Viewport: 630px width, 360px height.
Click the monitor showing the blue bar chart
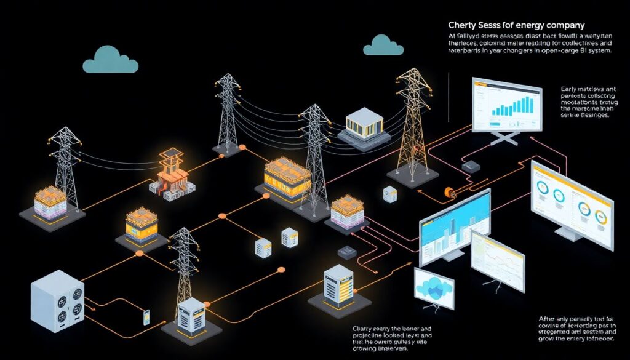point(506,105)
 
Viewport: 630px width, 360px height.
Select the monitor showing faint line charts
point(497,259)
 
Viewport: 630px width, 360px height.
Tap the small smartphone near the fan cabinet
point(147,317)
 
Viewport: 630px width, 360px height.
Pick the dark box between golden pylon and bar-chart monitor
point(472,166)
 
